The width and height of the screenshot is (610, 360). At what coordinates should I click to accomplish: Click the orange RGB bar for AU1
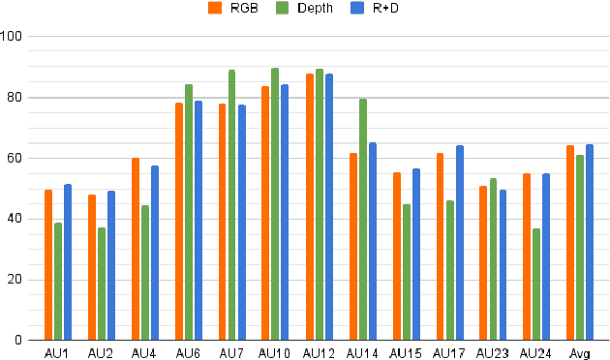pyautogui.click(x=48, y=265)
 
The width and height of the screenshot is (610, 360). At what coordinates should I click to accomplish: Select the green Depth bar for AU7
pyautogui.click(x=231, y=205)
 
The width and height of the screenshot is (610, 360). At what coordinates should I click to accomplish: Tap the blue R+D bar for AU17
pyautogui.click(x=459, y=243)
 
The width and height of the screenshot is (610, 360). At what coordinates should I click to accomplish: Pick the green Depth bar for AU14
pyautogui.click(x=362, y=220)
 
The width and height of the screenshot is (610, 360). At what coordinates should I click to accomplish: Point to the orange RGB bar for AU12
pyautogui.click(x=309, y=207)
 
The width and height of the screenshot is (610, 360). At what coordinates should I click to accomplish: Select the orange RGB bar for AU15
pyautogui.click(x=396, y=256)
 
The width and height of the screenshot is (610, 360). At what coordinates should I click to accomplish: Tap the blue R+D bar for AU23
pyautogui.click(x=503, y=265)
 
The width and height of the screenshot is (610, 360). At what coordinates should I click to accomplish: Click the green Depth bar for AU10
pyautogui.click(x=275, y=204)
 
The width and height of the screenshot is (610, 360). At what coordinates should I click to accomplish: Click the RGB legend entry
pyautogui.click(x=236, y=9)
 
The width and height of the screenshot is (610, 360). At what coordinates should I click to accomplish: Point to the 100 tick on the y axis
pyautogui.click(x=14, y=37)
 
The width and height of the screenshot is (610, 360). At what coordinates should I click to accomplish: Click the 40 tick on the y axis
pyautogui.click(x=16, y=219)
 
